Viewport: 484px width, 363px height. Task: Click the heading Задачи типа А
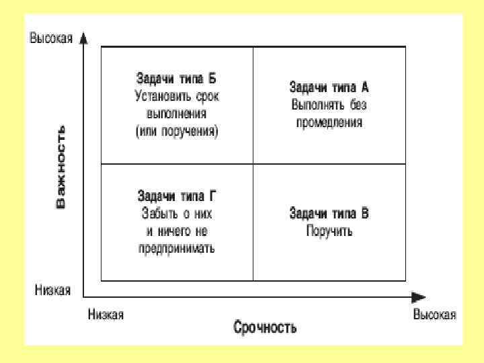tap(329, 87)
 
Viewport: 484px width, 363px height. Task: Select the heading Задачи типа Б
tap(177, 79)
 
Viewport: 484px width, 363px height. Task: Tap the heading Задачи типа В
tap(329, 214)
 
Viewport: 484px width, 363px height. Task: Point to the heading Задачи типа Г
tap(177, 197)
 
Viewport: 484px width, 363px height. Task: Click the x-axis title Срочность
tap(265, 328)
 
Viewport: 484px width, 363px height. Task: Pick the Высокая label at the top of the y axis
tap(50, 38)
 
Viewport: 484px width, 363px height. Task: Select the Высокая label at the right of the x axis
tap(434, 315)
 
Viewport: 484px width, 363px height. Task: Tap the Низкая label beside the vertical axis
tap(52, 291)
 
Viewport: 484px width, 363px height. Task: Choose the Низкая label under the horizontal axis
tap(106, 315)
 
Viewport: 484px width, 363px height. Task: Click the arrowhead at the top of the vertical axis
tap(83, 38)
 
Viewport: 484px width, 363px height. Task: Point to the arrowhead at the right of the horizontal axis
tap(419, 296)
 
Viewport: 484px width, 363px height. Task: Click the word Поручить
tap(329, 232)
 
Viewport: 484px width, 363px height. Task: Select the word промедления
tap(329, 122)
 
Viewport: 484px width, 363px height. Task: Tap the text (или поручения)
tap(177, 131)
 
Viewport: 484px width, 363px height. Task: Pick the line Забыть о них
tap(177, 214)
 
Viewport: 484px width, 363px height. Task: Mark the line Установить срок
tap(177, 96)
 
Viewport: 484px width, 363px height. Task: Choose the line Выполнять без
tap(329, 105)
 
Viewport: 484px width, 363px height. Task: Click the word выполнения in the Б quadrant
tap(177, 114)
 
